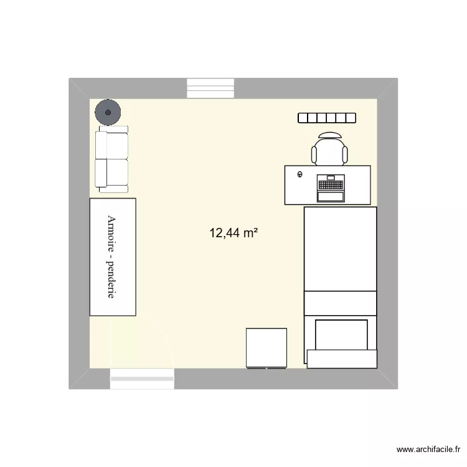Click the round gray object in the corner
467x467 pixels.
pyautogui.click(x=108, y=113)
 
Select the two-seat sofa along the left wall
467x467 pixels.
pyautogui.click(x=111, y=158)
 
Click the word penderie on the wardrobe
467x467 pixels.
pyautogui.click(x=112, y=280)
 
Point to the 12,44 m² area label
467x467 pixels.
pyautogui.click(x=233, y=233)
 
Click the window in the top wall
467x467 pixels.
pyautogui.click(x=211, y=88)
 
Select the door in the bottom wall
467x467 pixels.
pyautogui.click(x=142, y=378)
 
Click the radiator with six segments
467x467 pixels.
pyautogui.click(x=327, y=118)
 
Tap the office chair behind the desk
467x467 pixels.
pyautogui.click(x=329, y=151)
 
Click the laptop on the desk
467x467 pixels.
pyautogui.click(x=331, y=189)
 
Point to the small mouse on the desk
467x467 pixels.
pyautogui.click(x=300, y=175)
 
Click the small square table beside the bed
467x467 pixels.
pyautogui.click(x=267, y=347)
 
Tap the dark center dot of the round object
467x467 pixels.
pyautogui.click(x=108, y=113)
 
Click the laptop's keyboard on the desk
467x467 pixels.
pyautogui.click(x=331, y=184)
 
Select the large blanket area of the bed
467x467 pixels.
pyautogui.click(x=340, y=249)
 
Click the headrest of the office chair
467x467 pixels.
pyautogui.click(x=329, y=134)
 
